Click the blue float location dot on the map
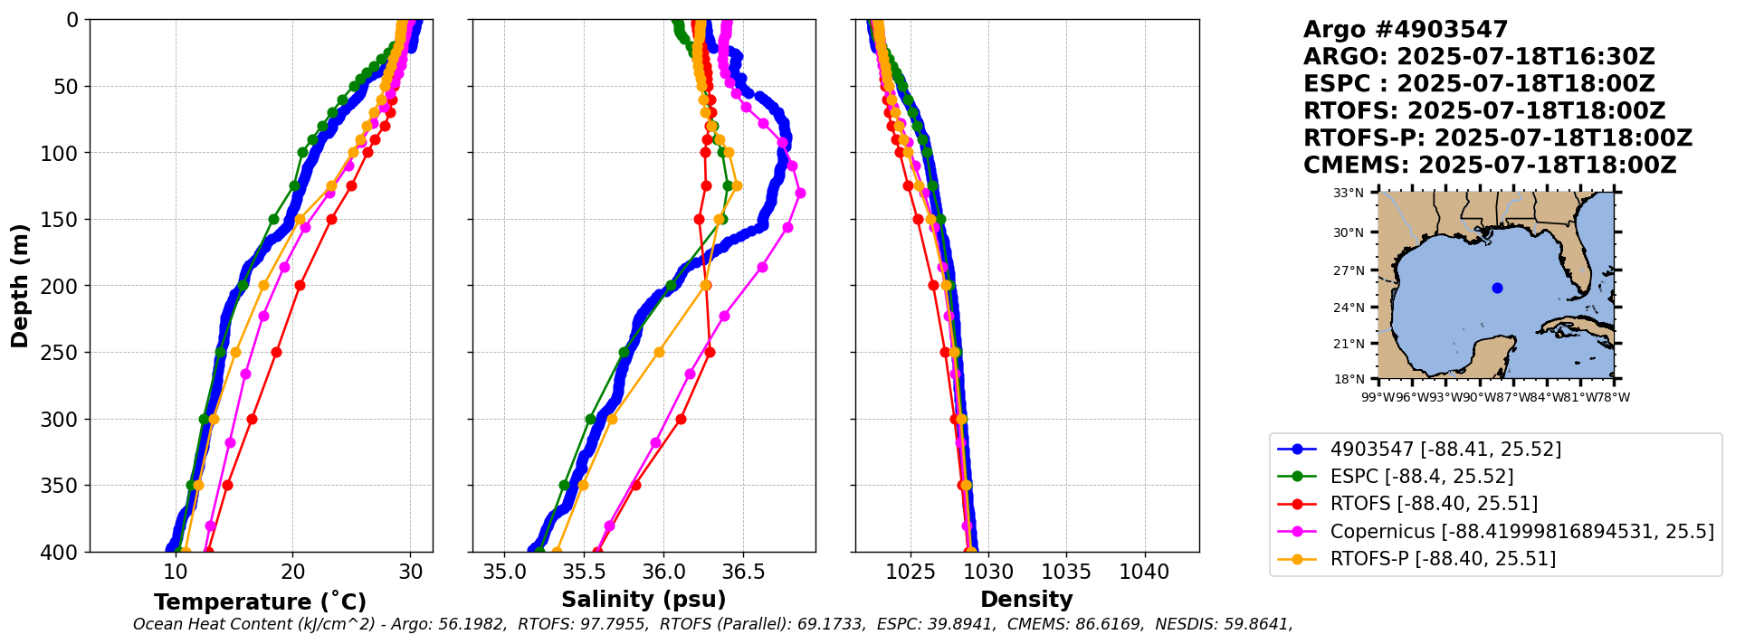(x=1497, y=288)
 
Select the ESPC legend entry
(x=1421, y=477)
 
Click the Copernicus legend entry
(x=1521, y=532)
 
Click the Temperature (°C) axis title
(x=260, y=602)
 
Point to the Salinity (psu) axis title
(x=644, y=600)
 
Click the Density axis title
(x=1026, y=600)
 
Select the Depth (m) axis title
(x=20, y=286)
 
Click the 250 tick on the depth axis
(x=62, y=353)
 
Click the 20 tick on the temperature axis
(x=292, y=573)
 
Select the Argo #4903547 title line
(x=1406, y=30)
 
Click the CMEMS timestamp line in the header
(x=1489, y=166)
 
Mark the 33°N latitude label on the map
(x=1349, y=193)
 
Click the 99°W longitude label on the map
(x=1372, y=397)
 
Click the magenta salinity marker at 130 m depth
(x=800, y=193)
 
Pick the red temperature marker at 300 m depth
(x=252, y=419)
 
